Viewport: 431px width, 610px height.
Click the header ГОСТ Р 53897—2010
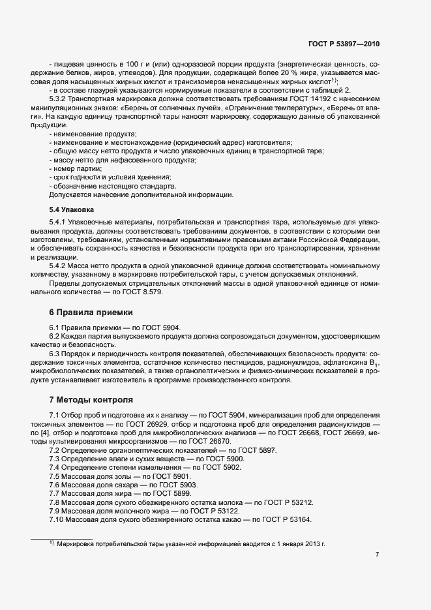pos(344,44)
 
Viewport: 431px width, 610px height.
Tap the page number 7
pos(377,555)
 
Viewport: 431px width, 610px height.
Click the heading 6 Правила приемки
pos(91,312)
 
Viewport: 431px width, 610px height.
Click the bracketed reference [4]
pos(42,433)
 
